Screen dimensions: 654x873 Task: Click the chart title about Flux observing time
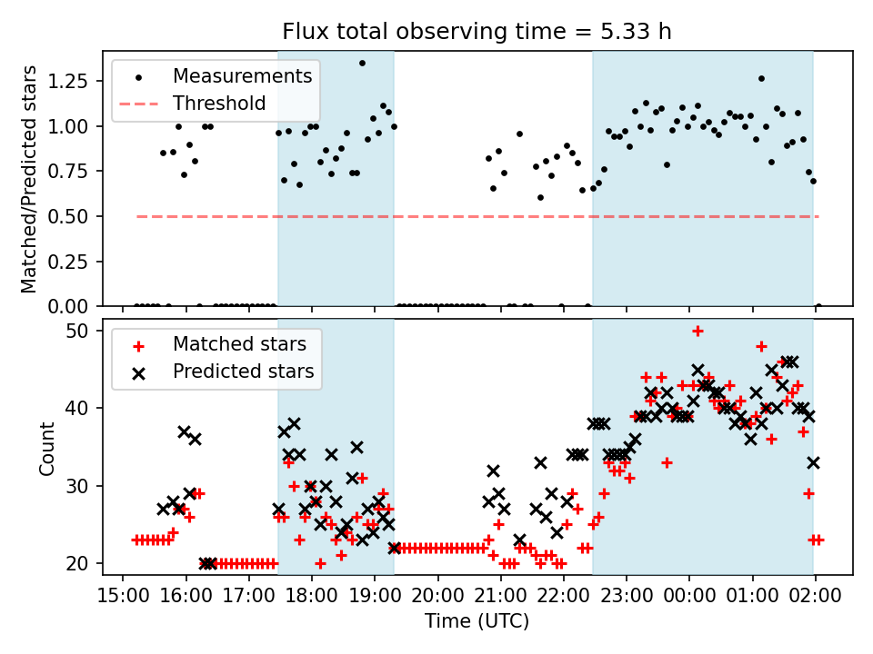[477, 33]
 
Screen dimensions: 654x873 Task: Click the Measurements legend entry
[243, 75]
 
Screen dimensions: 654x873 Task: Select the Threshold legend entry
[219, 103]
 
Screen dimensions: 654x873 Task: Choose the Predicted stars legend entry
[243, 372]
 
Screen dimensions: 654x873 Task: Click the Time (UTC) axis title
[477, 622]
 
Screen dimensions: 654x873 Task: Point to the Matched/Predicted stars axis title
[30, 179]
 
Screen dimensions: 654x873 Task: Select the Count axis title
[47, 447]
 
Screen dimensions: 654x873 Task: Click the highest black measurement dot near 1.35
[362, 64]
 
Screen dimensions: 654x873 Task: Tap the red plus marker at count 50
[697, 331]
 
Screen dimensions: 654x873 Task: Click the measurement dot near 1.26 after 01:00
[761, 78]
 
